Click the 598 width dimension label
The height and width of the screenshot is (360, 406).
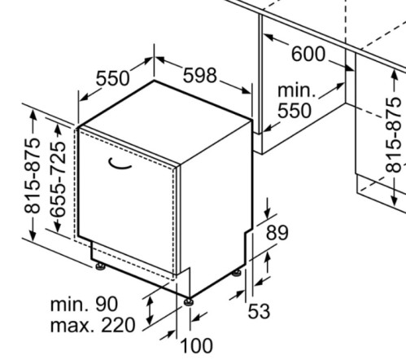pos(200,75)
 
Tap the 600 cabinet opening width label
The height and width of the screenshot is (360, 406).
pos(308,54)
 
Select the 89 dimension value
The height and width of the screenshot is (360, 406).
pos(277,233)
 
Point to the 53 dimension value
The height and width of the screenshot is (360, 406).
pos(259,311)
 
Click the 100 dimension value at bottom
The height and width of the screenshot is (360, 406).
pos(196,345)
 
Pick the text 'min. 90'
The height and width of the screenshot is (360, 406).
pos(85,304)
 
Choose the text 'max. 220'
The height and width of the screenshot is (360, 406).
pos(93,325)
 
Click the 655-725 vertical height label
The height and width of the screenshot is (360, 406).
pos(59,179)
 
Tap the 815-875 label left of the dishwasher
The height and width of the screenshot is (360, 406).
pos(32,176)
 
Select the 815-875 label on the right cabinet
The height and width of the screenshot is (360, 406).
pos(393,135)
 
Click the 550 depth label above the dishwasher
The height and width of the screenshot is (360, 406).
pos(112,78)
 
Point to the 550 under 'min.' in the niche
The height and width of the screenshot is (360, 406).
pos(295,111)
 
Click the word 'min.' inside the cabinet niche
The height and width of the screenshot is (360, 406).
pos(297,90)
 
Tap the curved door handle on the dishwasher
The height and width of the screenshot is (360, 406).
pos(120,165)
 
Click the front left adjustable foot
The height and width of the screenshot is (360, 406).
pos(101,266)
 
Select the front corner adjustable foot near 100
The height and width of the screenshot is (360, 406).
pos(188,302)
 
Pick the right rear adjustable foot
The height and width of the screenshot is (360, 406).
pos(237,273)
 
